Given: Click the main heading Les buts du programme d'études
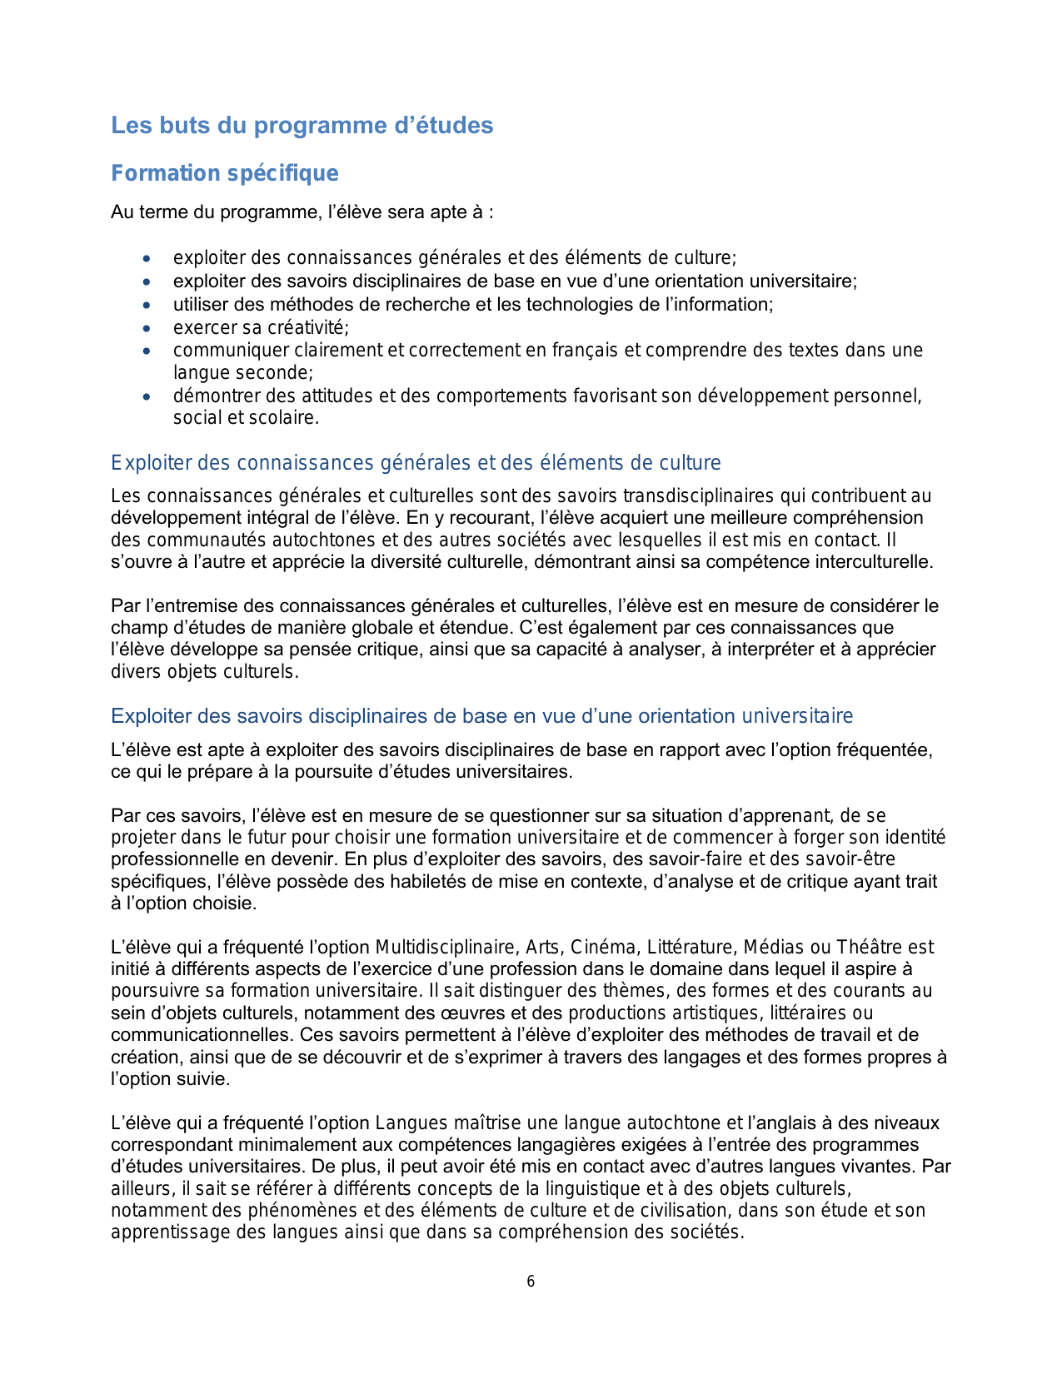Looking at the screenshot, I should point(302,126).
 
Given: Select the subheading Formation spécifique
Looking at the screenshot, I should point(225,173).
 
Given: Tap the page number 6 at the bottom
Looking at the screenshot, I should point(531,1282).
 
